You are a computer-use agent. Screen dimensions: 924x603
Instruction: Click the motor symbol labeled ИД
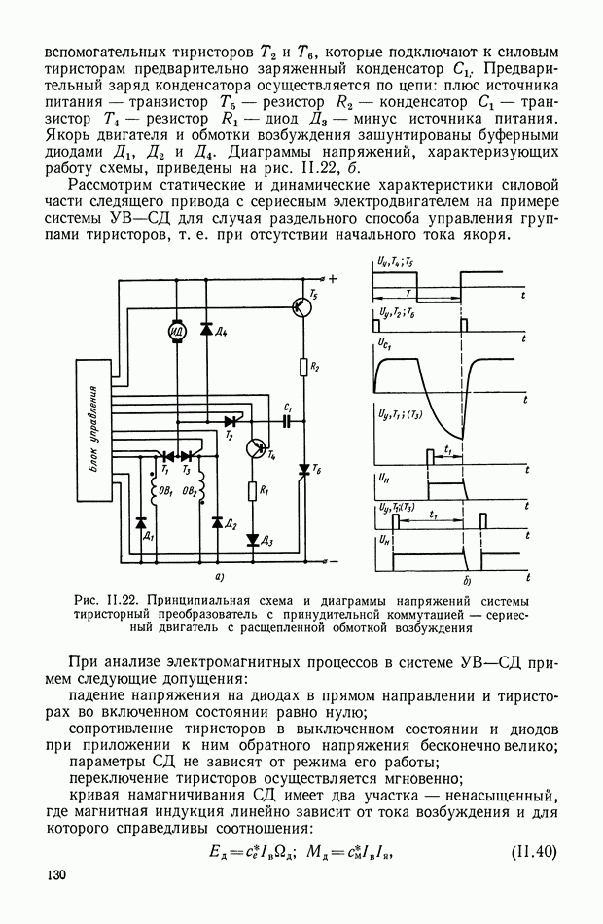tap(177, 332)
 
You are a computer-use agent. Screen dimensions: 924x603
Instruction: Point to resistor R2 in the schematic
tap(304, 367)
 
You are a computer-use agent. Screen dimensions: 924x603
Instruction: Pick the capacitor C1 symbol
tap(287, 421)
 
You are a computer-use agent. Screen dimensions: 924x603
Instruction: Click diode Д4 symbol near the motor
tap(206, 329)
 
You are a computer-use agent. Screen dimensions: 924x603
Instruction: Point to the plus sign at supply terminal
tap(333, 279)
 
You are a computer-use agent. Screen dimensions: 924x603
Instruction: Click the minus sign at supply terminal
tap(333, 561)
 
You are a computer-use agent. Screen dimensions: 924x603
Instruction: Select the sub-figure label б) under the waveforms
tap(468, 581)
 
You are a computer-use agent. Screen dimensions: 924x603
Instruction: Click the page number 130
tap(55, 877)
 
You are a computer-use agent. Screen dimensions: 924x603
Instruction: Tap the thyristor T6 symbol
tap(304, 470)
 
